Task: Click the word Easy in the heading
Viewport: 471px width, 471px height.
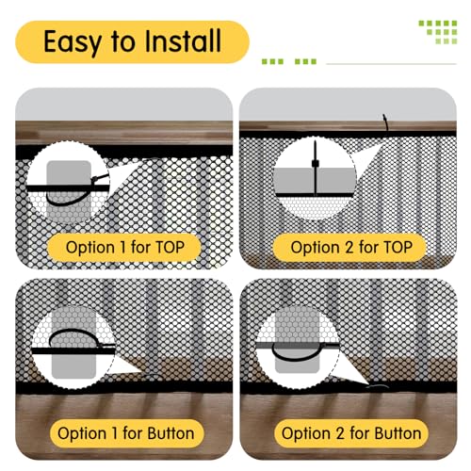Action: [78, 41]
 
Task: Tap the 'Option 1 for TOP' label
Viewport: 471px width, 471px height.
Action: [132, 248]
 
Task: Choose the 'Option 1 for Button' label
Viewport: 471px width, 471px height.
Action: [125, 434]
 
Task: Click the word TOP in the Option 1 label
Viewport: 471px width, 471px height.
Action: [178, 248]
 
